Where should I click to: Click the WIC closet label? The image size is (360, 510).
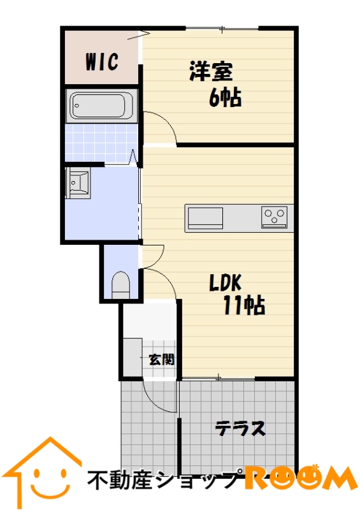click(x=102, y=61)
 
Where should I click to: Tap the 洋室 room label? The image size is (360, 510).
click(x=212, y=71)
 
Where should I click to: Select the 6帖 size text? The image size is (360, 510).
click(x=225, y=98)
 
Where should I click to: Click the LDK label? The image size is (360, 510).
click(x=225, y=282)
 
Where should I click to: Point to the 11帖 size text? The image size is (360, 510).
click(x=244, y=305)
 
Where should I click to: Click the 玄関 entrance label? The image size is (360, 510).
click(x=162, y=360)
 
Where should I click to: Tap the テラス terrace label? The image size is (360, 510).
click(x=240, y=428)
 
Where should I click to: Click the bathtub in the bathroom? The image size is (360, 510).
click(x=101, y=106)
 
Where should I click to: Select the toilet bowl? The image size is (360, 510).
click(x=120, y=285)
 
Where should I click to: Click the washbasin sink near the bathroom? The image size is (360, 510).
click(x=78, y=182)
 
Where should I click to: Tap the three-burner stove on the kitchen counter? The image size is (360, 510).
click(x=274, y=217)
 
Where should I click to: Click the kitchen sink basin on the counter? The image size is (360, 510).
click(x=205, y=218)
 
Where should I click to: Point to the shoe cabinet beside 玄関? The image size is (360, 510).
click(x=133, y=357)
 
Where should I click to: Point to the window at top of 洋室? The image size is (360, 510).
click(x=222, y=29)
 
